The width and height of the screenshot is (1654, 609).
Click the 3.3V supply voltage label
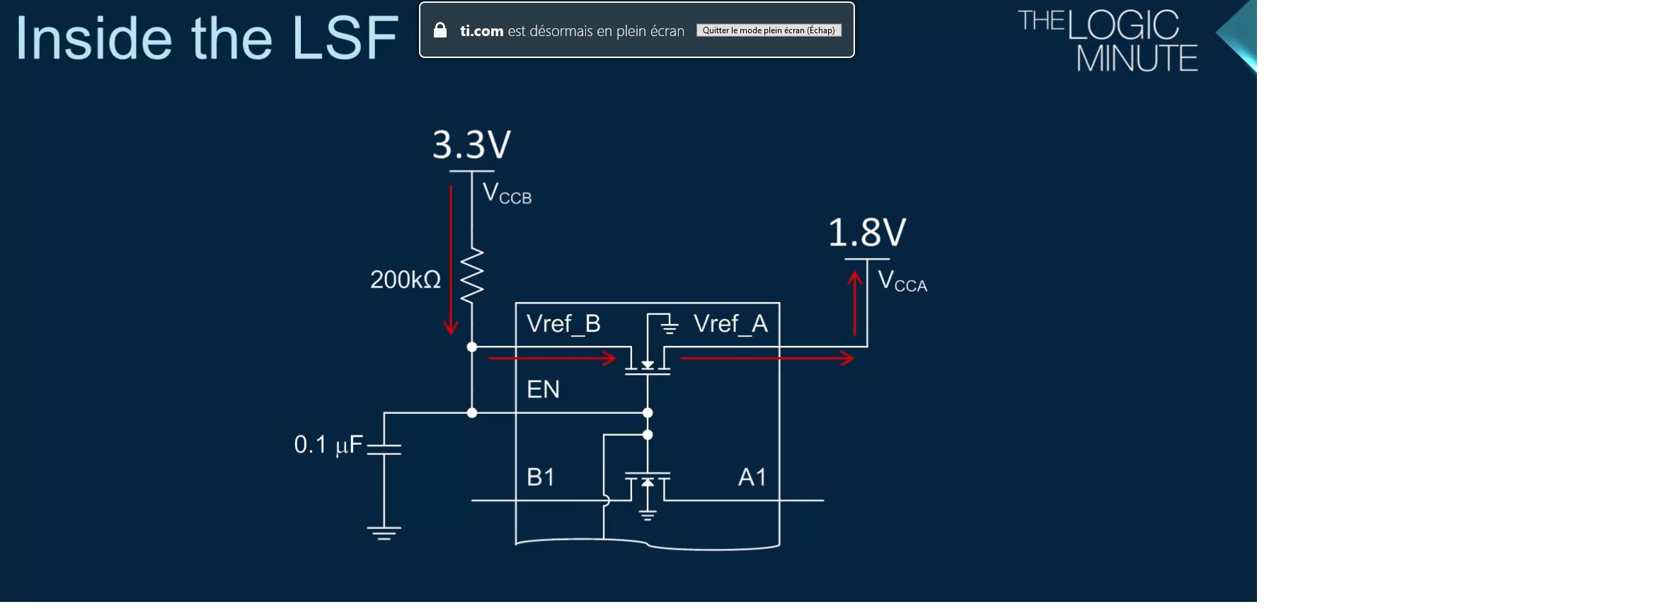tap(471, 145)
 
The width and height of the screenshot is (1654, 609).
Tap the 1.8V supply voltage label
tap(867, 233)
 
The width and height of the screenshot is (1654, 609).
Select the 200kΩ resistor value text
tap(406, 280)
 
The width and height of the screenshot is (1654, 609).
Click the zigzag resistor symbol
tap(472, 275)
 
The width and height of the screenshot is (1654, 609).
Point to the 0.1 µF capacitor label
tap(328, 445)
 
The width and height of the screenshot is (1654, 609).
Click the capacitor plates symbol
tap(384, 449)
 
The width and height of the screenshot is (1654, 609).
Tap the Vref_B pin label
tap(563, 324)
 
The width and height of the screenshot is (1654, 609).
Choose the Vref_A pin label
tap(730, 324)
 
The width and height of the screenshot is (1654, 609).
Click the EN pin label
tap(543, 389)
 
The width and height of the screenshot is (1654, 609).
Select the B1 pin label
tap(541, 477)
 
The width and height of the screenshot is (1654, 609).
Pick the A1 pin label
tap(752, 477)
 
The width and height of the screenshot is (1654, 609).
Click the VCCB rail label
tap(507, 193)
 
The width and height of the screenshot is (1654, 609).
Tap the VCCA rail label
tap(902, 281)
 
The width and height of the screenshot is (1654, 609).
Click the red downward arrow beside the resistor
tap(451, 259)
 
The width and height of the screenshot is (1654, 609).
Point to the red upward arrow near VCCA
tap(856, 304)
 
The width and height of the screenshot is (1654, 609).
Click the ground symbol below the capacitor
tap(384, 533)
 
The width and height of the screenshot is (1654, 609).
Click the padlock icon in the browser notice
tap(440, 30)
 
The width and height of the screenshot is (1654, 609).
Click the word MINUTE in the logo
tap(1137, 59)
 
